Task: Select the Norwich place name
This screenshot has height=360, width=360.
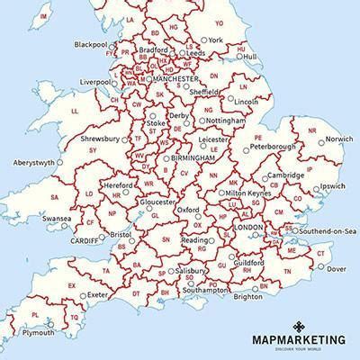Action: tap(339, 139)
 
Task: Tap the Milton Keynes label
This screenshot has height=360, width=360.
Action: tap(248, 193)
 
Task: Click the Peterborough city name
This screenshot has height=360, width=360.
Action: tap(273, 146)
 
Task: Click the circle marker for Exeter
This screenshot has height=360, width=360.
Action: tap(83, 294)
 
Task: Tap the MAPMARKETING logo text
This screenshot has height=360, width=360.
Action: tap(297, 339)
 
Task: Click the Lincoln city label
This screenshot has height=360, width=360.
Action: tap(247, 102)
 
